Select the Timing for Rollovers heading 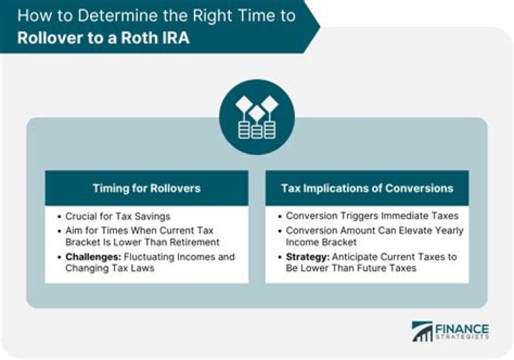pyautogui.click(x=146, y=188)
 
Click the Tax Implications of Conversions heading pyautogui.click(x=367, y=188)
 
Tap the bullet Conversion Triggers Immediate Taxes pyautogui.click(x=371, y=215)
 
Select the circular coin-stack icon pyautogui.click(x=256, y=116)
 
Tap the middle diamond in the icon pyautogui.click(x=256, y=111)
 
